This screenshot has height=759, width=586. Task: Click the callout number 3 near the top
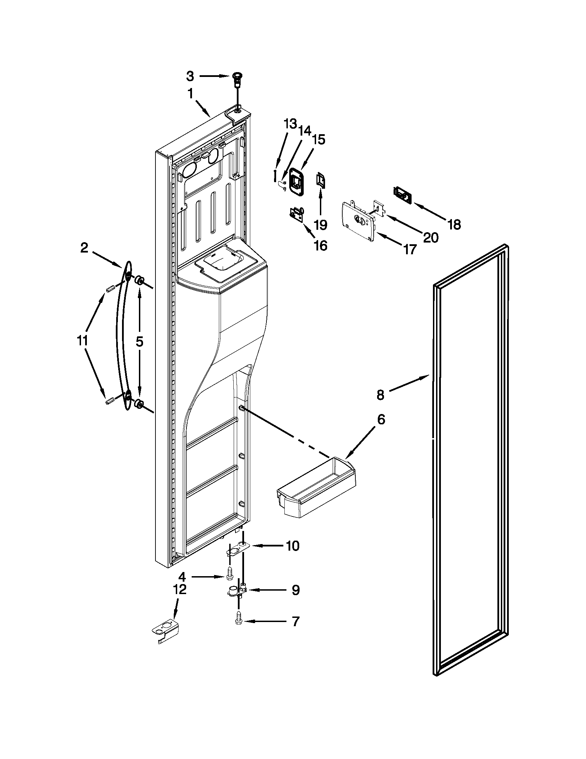tap(190, 76)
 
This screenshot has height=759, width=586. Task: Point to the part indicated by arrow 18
tap(402, 196)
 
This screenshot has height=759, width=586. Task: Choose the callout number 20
tap(431, 237)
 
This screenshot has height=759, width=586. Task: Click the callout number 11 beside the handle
tap(82, 341)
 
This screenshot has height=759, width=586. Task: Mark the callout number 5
tap(139, 342)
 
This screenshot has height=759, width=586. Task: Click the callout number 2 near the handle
tap(84, 248)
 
